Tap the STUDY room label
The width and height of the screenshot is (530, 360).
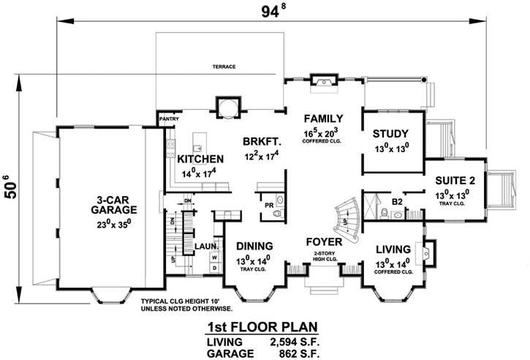pyautogui.click(x=391, y=133)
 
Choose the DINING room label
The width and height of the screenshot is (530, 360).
pyautogui.click(x=254, y=245)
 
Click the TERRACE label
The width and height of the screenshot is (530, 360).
pyautogui.click(x=224, y=67)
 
